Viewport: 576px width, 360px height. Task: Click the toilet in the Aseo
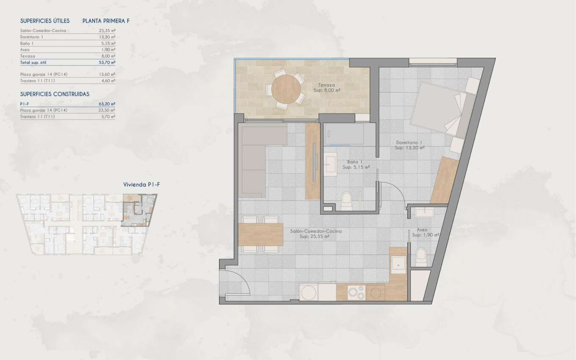(421, 256)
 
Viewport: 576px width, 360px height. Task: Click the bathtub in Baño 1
(344, 134)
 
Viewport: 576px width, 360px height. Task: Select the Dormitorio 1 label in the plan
(409, 145)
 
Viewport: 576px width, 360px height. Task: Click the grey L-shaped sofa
(254, 157)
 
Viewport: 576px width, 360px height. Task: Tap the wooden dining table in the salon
(260, 234)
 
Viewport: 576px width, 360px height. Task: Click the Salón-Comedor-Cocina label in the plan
(316, 234)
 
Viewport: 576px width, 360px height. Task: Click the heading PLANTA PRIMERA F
(106, 20)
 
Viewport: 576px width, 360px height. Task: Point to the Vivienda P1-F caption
(141, 185)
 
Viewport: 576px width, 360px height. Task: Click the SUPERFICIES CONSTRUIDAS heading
(55, 94)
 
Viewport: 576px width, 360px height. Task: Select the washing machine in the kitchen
(308, 292)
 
